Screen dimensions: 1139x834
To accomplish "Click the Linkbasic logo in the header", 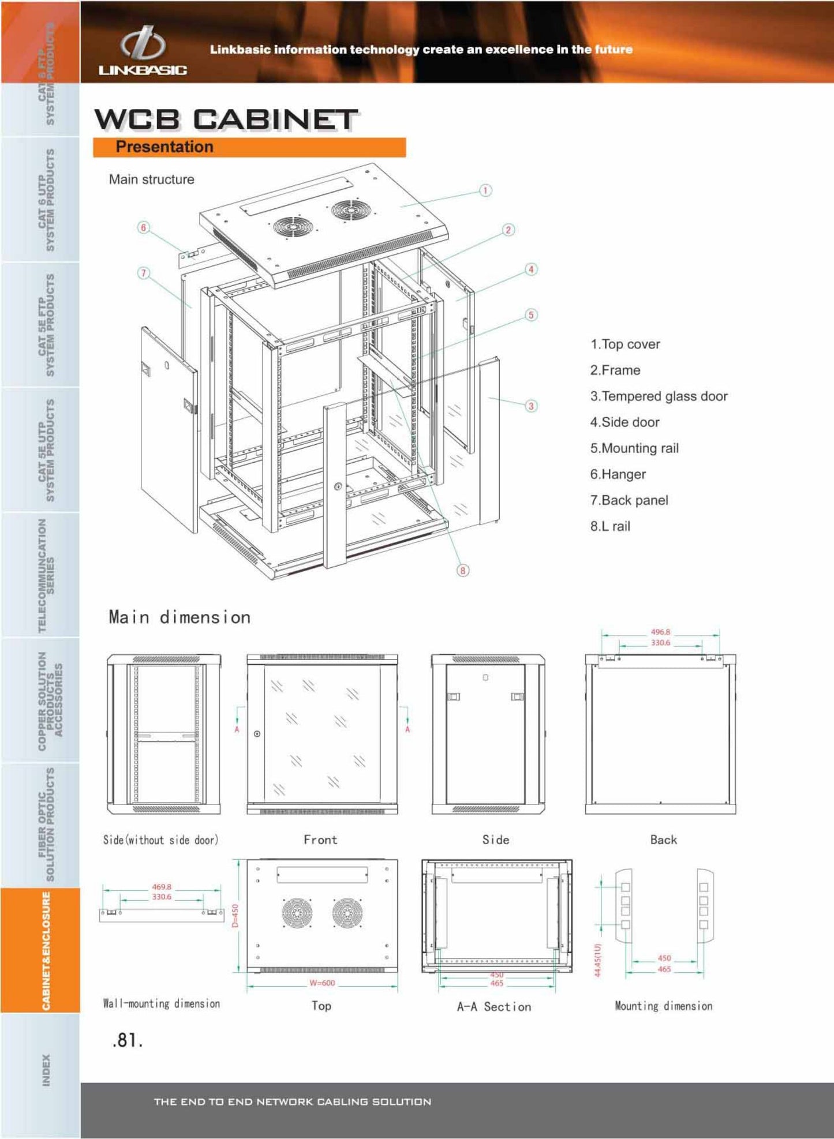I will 142,51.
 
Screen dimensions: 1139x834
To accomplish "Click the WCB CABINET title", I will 226,120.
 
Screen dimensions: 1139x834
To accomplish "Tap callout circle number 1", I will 485,190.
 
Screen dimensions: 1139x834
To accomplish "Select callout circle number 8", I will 463,571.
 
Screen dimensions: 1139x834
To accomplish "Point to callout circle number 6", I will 143,227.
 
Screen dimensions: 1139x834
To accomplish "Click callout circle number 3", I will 531,406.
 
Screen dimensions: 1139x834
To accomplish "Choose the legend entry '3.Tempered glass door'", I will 659,396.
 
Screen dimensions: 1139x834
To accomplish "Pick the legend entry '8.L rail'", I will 610,526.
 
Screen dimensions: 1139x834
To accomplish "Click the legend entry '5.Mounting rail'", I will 634,448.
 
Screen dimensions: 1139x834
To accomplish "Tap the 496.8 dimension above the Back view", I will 660,632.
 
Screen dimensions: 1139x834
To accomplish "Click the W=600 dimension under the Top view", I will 322,983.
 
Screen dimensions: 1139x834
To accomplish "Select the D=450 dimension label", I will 235,916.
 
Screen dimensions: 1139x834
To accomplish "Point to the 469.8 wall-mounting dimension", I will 162,887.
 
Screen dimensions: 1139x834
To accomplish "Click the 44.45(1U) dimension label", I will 597,960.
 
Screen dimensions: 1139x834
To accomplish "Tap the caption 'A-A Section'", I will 494,1007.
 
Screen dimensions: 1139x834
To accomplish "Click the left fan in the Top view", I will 297,913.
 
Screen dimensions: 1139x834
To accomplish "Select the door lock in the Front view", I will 257,734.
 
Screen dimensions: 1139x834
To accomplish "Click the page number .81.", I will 128,1040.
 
